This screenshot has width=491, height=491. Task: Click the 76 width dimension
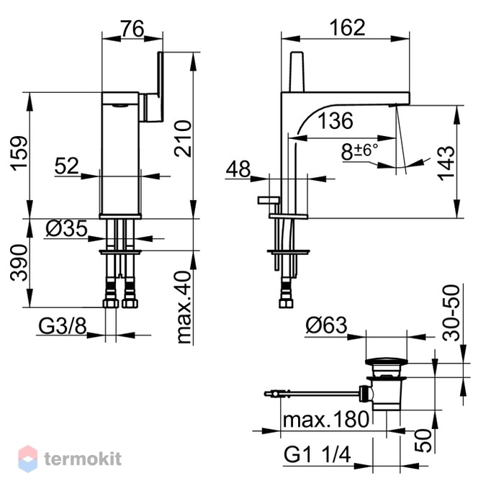pos(132,29)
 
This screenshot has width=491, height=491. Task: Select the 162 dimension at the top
pos(348,27)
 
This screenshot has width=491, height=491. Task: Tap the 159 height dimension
pos(19,153)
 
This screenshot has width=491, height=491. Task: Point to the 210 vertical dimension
pos(183,138)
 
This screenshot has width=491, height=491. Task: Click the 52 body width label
pos(66,166)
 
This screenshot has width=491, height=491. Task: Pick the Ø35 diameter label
pos(67,228)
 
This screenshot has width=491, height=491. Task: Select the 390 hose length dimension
pos(19,263)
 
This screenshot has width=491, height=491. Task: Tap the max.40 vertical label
pos(184,307)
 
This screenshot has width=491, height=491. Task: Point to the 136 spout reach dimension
pos(335,120)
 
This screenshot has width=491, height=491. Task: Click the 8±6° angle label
pos(360,151)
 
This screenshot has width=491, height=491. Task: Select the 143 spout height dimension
pos(446,163)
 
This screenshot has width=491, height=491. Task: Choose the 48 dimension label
pos(238,168)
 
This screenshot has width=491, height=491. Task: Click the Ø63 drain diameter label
pos(327,325)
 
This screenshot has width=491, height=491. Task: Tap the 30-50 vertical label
pos(451,312)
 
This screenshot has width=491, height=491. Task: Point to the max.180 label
pos(326,419)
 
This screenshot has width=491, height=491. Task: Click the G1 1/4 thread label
pos(317,454)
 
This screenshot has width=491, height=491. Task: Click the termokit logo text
pos(83,459)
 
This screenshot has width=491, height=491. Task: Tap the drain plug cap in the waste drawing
pos(387,361)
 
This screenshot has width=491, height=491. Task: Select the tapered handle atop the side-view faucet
pos(297,72)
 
